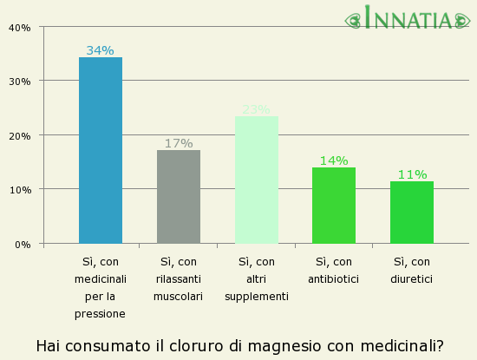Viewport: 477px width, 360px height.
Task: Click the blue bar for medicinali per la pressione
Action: (101, 150)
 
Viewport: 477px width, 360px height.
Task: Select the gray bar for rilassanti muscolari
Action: (179, 197)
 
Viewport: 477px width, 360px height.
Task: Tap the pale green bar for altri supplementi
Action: (257, 180)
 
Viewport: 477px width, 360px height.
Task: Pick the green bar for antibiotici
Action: (334, 206)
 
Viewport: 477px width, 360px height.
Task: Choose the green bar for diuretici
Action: (412, 213)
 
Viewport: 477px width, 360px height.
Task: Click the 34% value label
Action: (101, 50)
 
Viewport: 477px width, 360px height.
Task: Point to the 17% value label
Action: (179, 143)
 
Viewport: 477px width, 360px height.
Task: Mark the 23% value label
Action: (257, 109)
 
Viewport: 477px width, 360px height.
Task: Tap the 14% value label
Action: (334, 160)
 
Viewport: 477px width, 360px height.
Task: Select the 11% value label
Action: (412, 174)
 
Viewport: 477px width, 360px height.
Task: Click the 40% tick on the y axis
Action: (19, 28)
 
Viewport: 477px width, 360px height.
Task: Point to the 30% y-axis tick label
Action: (19, 82)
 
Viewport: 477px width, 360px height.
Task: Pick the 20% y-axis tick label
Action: (19, 136)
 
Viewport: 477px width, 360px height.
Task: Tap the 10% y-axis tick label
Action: (19, 190)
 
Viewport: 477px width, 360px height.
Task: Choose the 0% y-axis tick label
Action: (23, 245)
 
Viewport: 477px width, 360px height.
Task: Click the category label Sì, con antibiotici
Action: (334, 270)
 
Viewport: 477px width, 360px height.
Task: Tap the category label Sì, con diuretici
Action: (412, 270)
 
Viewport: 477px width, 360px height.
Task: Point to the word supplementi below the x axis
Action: (257, 297)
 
